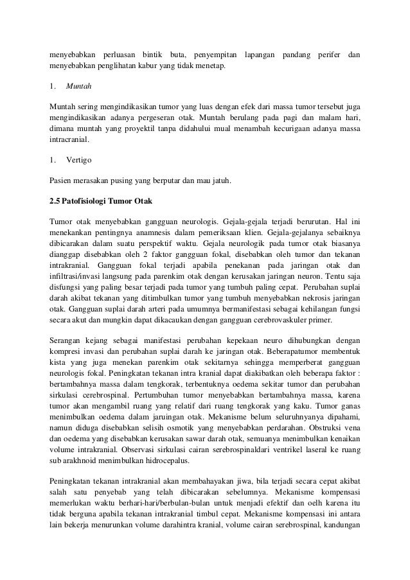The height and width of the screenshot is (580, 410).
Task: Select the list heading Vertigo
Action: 80,159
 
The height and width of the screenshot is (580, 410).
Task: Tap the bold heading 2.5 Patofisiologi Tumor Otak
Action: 100,201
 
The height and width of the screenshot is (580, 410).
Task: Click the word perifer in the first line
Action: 325,52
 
